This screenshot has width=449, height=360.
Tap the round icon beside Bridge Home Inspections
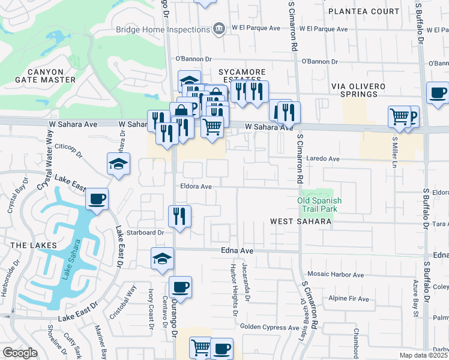point(218,29)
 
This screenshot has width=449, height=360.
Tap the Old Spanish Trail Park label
point(319,205)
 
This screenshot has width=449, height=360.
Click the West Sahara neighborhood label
point(301,221)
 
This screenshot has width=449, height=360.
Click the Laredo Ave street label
point(323,159)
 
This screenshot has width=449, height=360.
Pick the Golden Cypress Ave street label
point(270,326)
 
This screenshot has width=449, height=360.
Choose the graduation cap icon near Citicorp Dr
point(118,163)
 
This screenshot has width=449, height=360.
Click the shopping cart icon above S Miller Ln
point(399,116)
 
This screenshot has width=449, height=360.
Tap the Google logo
point(20,353)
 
